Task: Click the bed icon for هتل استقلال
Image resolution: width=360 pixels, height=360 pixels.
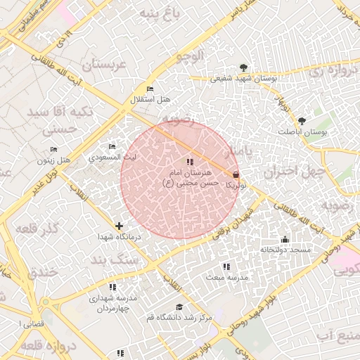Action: (149, 89)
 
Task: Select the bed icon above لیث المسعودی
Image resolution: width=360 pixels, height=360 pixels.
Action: (112, 146)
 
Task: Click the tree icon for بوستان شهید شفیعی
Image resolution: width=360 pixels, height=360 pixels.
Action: (243, 67)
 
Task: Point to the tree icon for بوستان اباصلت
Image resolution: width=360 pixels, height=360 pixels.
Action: (302, 121)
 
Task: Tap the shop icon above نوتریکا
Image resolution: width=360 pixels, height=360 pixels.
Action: (235, 174)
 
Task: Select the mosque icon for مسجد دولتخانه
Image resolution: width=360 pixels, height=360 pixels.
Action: (284, 239)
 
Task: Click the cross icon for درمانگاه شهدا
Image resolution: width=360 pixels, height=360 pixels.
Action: (119, 226)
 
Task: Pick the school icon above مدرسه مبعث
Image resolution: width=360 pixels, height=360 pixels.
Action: (226, 266)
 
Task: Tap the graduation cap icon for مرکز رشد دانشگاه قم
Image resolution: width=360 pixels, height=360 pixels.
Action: (179, 307)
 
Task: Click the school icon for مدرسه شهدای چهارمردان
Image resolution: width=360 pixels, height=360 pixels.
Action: (112, 287)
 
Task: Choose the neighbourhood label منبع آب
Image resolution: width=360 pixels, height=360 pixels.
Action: (336, 335)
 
